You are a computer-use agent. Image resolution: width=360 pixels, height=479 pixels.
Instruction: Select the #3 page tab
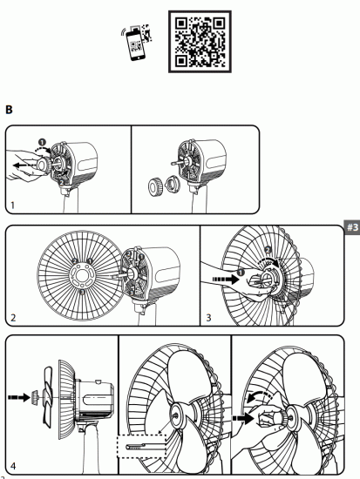click(x=352, y=230)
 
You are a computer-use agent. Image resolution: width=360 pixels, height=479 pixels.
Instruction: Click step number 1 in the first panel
click(x=12, y=206)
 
